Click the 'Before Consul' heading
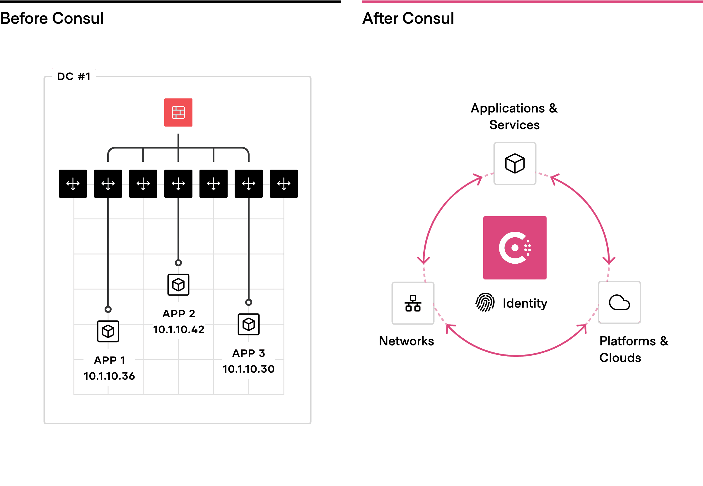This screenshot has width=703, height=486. (x=52, y=18)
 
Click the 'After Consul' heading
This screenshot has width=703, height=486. (x=408, y=18)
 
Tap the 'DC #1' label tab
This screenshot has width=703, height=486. (x=74, y=76)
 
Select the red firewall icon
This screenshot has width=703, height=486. (x=178, y=112)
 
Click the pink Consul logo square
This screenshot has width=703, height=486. (x=515, y=248)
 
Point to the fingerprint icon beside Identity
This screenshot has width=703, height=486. (x=485, y=302)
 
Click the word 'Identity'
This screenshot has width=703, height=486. (x=525, y=303)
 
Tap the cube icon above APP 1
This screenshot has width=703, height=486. (x=108, y=331)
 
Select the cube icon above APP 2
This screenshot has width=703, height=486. (x=178, y=285)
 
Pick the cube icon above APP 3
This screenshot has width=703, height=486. (x=248, y=324)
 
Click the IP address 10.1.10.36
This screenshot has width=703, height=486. (x=109, y=376)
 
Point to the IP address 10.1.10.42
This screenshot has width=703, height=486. (x=179, y=330)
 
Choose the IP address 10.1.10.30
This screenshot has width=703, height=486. (x=248, y=369)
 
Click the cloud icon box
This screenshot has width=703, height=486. (x=619, y=302)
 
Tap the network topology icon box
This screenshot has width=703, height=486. (x=413, y=303)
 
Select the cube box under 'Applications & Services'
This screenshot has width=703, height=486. (x=515, y=163)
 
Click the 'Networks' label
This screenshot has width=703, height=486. (x=406, y=341)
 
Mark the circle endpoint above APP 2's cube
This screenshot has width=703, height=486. (x=178, y=263)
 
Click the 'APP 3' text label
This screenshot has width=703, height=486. (x=248, y=353)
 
